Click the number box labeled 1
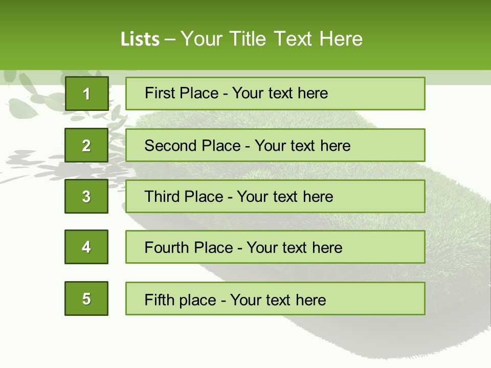click(x=86, y=94)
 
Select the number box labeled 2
click(x=86, y=145)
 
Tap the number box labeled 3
click(x=86, y=196)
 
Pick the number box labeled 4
click(x=86, y=247)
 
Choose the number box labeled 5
click(x=86, y=298)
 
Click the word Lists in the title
click(x=140, y=39)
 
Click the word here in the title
click(x=341, y=39)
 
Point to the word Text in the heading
click(x=293, y=39)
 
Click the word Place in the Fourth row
click(x=211, y=248)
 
